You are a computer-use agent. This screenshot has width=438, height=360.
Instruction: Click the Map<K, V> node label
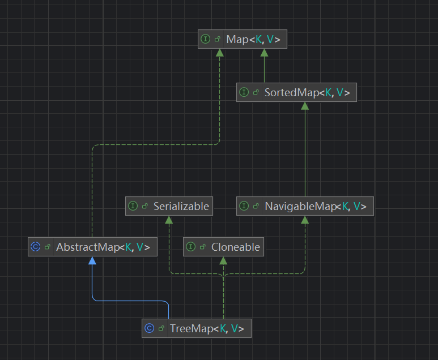tap(253, 40)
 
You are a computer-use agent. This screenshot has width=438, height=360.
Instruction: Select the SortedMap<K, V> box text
tap(307, 92)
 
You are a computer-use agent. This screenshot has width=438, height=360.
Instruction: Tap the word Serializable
tap(181, 206)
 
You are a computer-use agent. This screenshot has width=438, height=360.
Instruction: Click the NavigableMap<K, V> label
tap(316, 206)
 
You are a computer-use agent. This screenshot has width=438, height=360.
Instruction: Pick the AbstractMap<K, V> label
tap(103, 247)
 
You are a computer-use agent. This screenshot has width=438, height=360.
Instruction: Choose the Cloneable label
tap(236, 247)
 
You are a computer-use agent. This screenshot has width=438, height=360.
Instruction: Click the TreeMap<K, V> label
tap(207, 328)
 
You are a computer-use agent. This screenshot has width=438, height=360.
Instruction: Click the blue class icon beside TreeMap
tap(149, 328)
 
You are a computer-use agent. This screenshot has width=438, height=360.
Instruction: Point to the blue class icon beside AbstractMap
tap(36, 247)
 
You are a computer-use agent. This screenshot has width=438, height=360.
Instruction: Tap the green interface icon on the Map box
tap(205, 39)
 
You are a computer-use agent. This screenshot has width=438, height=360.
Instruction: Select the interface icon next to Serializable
tap(133, 206)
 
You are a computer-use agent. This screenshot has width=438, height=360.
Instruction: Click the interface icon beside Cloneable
tap(190, 247)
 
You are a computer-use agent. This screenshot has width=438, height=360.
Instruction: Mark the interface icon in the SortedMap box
tap(244, 92)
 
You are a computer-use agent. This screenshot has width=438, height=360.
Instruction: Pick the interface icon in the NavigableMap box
tap(244, 206)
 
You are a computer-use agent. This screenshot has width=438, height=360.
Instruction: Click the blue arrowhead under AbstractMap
tap(92, 260)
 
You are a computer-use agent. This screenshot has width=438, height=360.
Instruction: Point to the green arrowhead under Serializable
tap(169, 220)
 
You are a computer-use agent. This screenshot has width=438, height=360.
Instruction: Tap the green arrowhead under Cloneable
tap(223, 260)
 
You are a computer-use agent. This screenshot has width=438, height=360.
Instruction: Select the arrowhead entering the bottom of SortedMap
tap(305, 106)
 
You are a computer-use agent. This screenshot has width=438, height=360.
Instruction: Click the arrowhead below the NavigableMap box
tap(305, 220)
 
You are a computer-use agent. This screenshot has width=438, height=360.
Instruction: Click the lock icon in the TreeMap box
tap(161, 328)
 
